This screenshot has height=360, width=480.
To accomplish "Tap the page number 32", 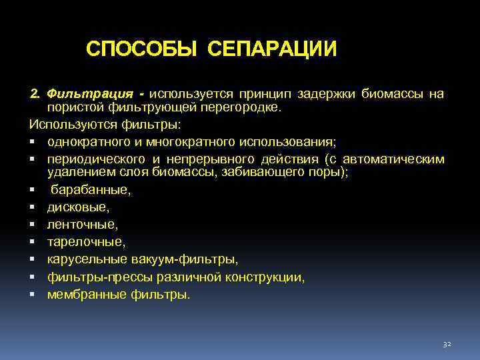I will [447, 344].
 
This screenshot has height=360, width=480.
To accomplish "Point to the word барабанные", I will [91, 190].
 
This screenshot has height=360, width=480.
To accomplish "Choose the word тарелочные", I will [85, 242].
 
